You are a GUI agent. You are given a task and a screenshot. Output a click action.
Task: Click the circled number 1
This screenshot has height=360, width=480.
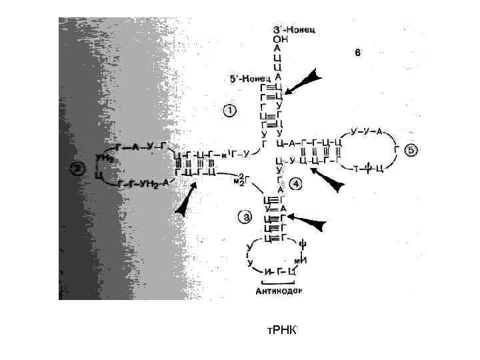(229, 111)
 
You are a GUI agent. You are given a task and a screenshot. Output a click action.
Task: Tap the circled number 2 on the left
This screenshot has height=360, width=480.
(78, 169)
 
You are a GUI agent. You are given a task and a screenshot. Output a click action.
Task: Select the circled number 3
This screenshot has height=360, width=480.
(245, 216)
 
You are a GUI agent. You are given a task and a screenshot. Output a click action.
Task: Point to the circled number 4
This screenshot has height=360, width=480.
(295, 183)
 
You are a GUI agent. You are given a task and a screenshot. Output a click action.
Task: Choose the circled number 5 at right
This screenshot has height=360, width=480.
(411, 151)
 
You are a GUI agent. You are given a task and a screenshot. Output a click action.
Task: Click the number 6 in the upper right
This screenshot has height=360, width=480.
(358, 55)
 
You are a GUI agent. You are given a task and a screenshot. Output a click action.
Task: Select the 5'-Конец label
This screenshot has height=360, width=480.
(247, 79)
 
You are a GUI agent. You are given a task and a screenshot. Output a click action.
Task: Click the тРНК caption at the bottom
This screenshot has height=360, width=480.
(279, 331)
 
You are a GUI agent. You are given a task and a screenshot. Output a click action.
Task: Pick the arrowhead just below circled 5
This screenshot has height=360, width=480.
(331, 180)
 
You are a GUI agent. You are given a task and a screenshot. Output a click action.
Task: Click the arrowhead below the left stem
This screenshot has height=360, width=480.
(186, 201)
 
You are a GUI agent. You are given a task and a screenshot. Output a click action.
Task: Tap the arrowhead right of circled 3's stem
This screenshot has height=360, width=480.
(311, 221)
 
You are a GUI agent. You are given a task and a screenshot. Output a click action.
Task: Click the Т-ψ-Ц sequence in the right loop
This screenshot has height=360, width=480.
(367, 168)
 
